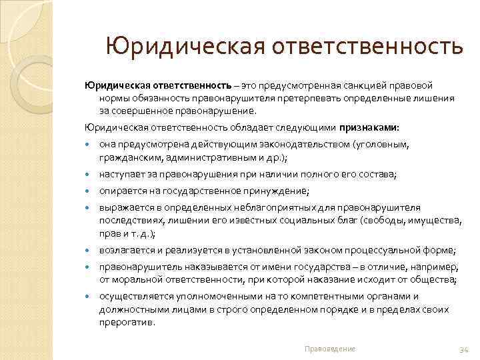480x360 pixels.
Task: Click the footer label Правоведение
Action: point(329,349)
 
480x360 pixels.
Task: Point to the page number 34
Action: point(465,349)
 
